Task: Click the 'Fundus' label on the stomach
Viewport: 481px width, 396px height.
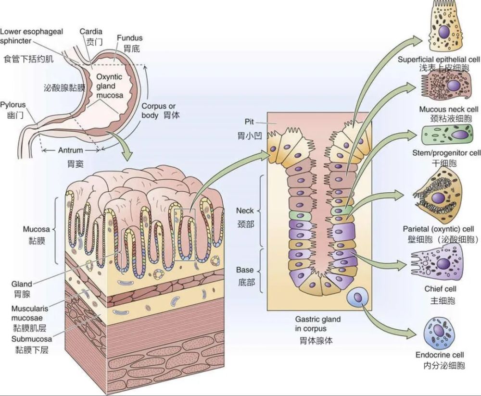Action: coord(130,38)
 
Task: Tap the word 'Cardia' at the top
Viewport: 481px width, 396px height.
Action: coord(91,31)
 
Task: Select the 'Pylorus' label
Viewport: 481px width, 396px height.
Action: coord(13,105)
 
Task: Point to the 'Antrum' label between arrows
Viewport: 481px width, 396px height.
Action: coord(71,150)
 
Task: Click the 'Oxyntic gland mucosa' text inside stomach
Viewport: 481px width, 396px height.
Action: coord(110,86)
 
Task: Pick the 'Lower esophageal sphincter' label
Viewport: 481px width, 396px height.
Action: coord(31,36)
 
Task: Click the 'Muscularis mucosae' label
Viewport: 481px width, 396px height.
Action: coord(30,313)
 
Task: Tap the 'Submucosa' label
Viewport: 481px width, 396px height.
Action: coord(32,339)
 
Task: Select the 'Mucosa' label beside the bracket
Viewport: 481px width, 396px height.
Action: coord(36,229)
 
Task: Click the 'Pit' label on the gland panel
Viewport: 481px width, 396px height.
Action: coord(249,122)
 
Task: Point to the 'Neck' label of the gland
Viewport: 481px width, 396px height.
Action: coord(245,210)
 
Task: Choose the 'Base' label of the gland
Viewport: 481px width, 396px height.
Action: coord(245,270)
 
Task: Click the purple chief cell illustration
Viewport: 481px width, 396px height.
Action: coord(436,263)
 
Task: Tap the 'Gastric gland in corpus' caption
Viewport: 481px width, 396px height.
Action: coord(318,323)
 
